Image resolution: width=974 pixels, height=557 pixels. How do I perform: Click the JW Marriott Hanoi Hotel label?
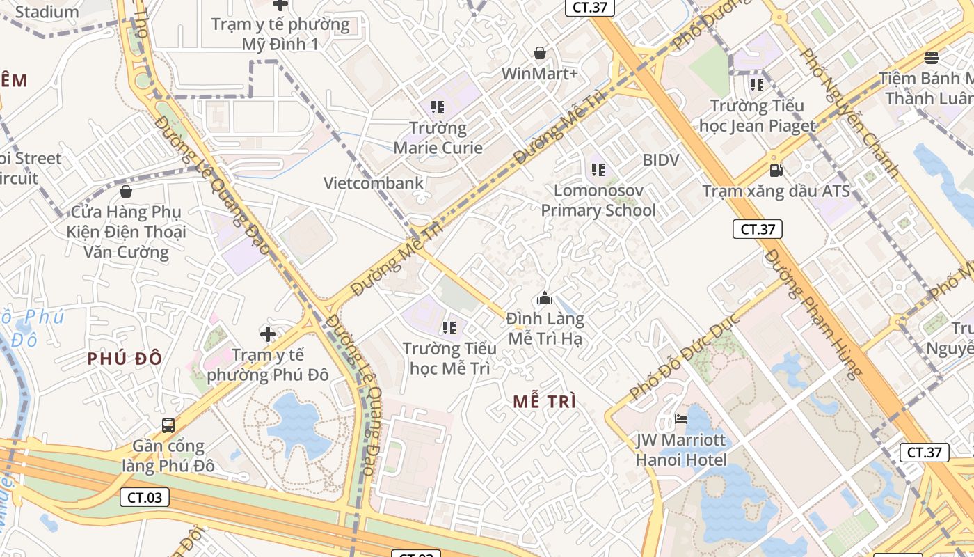click(x=681, y=450)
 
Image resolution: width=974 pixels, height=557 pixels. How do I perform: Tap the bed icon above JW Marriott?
click(x=681, y=419)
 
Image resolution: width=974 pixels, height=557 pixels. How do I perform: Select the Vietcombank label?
click(x=374, y=183)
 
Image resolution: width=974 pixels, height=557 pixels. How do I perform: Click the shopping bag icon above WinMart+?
click(x=540, y=53)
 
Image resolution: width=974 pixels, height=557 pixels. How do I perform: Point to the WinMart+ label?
click(x=540, y=73)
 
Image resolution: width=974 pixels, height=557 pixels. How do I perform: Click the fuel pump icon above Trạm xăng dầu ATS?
click(x=776, y=170)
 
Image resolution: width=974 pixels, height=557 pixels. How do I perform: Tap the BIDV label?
click(x=660, y=160)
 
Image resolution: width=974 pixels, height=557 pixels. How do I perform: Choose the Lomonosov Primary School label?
click(x=598, y=201)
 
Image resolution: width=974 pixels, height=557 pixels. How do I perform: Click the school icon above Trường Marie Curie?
click(x=438, y=107)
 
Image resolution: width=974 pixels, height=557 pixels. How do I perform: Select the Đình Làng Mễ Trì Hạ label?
click(x=545, y=329)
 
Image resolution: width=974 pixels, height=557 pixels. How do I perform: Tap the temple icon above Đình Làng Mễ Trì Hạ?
click(x=545, y=299)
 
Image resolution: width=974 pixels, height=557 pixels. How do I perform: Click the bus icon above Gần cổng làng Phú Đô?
click(x=168, y=425)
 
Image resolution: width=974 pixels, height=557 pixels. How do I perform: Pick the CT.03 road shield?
click(x=145, y=497)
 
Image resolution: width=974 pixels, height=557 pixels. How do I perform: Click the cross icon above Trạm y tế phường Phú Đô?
click(x=267, y=334)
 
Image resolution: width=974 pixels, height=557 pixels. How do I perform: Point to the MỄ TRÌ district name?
click(x=545, y=402)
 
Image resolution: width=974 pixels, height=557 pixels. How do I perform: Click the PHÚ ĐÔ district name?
click(x=125, y=359)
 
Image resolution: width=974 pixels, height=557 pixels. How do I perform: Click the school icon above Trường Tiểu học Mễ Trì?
click(x=449, y=327)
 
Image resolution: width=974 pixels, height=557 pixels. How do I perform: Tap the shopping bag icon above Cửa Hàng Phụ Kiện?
click(x=126, y=191)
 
